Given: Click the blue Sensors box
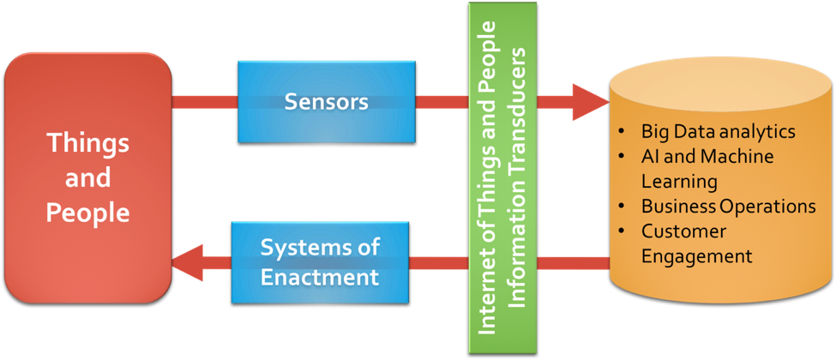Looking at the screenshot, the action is click(327, 102).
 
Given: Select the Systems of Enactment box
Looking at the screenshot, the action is click(320, 263).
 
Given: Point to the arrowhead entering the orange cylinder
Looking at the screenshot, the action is click(591, 102).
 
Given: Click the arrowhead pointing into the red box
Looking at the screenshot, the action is click(187, 263).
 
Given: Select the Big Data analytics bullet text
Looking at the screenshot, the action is click(719, 132).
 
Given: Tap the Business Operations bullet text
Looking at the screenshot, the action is click(728, 207).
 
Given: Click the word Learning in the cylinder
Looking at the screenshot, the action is click(679, 182).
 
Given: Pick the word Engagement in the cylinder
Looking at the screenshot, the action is click(697, 256).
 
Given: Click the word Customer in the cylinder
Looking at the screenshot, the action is click(683, 231).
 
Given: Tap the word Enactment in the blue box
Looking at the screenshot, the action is click(320, 278).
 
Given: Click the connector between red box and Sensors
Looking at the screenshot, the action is click(205, 102).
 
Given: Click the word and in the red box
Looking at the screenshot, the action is click(88, 177).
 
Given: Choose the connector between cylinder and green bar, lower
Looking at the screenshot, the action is click(573, 263).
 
